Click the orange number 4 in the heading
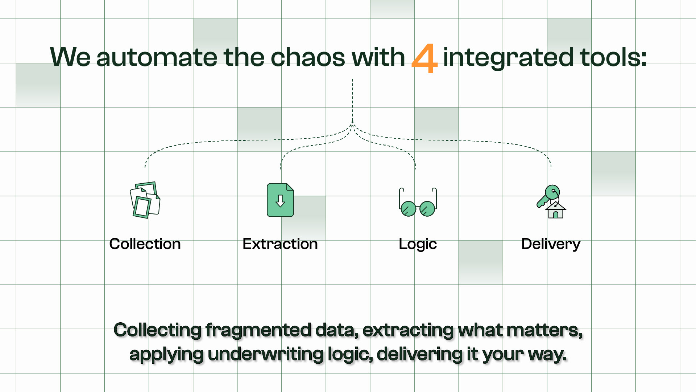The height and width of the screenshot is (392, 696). pyautogui.click(x=424, y=58)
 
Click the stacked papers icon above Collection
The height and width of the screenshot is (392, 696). pyautogui.click(x=145, y=200)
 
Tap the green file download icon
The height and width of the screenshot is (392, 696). pyautogui.click(x=280, y=200)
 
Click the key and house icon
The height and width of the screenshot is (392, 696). pyautogui.click(x=551, y=202)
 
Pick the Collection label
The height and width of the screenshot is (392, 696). pyautogui.click(x=145, y=244)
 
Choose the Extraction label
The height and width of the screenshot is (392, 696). pyautogui.click(x=280, y=244)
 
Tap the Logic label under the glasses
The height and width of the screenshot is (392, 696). pyautogui.click(x=418, y=244)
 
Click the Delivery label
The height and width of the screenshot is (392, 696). pyautogui.click(x=551, y=244)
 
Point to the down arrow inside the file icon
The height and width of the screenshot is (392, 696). pyautogui.click(x=280, y=201)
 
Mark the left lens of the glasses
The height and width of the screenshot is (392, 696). pyautogui.click(x=409, y=209)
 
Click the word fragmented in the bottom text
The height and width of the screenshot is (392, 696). pyautogui.click(x=258, y=330)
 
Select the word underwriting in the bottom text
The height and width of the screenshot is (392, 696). pyautogui.click(x=265, y=354)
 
